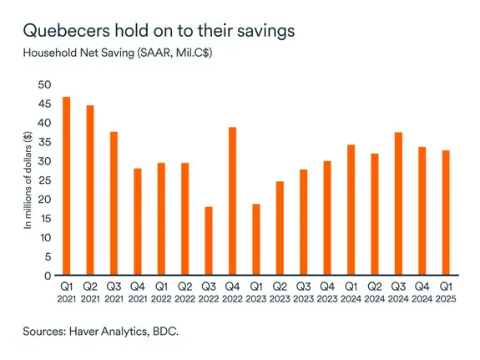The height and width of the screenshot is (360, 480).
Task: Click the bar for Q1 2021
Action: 66,186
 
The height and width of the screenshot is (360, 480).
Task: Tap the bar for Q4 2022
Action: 233,201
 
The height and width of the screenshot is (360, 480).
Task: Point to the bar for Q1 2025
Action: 447,213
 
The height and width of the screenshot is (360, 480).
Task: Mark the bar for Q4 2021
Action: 138,221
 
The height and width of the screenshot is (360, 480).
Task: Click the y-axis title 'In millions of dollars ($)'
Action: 27,180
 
